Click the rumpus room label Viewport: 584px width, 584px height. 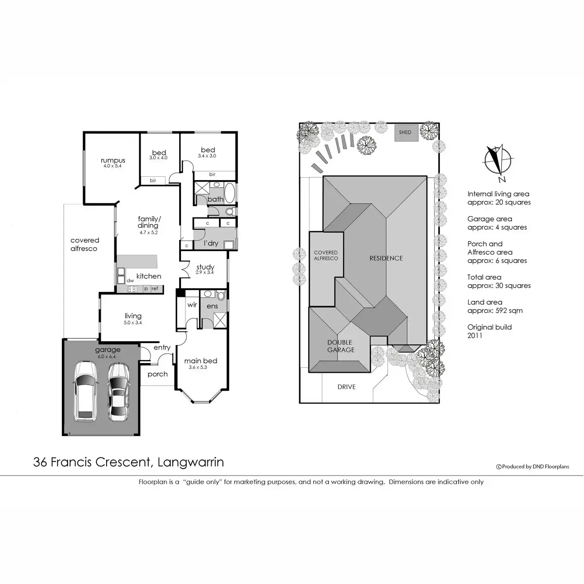(x=113, y=160)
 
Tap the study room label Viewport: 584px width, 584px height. (x=205, y=267)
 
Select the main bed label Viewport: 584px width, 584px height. (x=201, y=361)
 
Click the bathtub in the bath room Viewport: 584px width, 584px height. (x=230, y=193)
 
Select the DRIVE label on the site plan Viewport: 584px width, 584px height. (x=347, y=387)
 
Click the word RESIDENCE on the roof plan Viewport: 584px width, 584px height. (x=386, y=258)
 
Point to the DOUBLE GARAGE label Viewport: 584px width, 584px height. (x=340, y=346)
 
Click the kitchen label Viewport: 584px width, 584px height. (x=148, y=276)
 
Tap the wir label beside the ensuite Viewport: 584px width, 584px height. (x=192, y=306)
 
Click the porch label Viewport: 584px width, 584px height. (x=157, y=374)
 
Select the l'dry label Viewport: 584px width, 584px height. (x=211, y=243)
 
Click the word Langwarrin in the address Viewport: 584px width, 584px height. (x=191, y=462)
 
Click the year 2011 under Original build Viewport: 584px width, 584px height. (x=474, y=335)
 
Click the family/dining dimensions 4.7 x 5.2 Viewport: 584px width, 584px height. (x=148, y=232)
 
